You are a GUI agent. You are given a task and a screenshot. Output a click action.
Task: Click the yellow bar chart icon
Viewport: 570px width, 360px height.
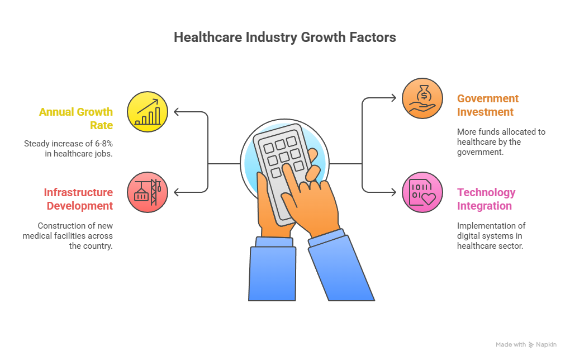tap(148, 112)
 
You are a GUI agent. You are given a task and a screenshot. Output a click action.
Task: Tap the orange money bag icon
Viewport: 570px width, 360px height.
tap(422, 98)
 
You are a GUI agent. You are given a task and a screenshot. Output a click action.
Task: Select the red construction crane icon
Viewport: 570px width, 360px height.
tap(148, 192)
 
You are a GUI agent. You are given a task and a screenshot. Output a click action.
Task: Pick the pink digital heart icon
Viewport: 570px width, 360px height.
tap(422, 192)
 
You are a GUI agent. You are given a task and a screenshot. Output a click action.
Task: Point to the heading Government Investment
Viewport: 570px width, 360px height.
tap(488, 105)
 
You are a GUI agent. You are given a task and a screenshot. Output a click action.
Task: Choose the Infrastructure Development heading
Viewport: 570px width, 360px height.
tap(78, 199)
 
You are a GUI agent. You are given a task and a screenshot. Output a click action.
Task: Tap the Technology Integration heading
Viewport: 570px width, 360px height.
tap(486, 199)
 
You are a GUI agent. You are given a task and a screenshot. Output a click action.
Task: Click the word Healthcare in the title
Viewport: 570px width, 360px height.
tap(208, 37)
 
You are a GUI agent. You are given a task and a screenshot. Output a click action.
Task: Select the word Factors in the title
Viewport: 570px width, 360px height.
tap(373, 37)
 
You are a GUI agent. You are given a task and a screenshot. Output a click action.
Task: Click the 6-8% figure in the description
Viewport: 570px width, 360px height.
tap(103, 144)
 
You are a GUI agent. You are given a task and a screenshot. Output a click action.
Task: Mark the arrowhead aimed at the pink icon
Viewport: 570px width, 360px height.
tap(394, 192)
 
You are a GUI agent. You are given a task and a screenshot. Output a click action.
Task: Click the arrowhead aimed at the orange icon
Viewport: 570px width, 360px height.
tap(394, 98)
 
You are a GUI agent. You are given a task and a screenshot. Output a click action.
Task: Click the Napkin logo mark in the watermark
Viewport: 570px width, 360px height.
tap(531, 345)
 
